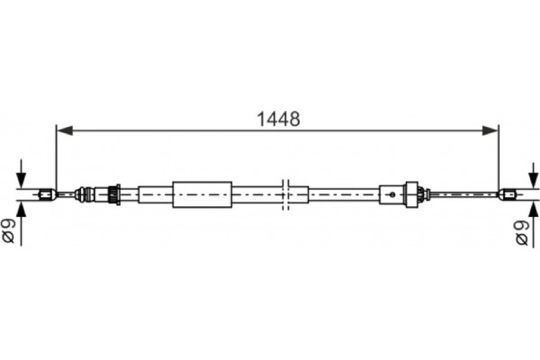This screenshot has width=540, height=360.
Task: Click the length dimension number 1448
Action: coord(277,118)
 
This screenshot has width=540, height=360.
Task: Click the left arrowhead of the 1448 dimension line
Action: coord(63,130)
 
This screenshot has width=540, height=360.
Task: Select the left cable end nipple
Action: coord(48,193)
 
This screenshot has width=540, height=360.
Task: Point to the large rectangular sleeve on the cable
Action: coord(202,193)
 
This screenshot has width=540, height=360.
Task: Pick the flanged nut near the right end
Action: coord(414,193)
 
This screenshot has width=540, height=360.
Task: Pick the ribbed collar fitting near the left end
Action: coord(113,193)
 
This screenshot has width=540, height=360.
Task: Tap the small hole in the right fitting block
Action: coord(392,193)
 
